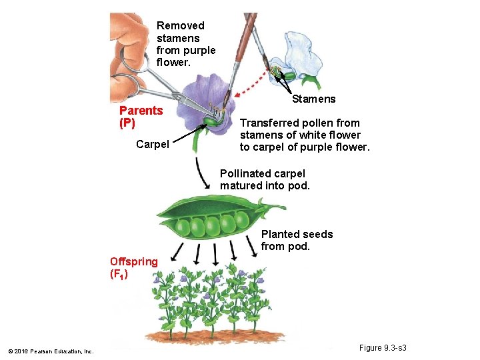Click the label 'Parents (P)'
141,117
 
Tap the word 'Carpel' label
152,144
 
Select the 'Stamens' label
314,99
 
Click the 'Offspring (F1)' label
133,267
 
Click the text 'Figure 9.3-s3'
383,348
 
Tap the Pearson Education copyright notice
51,351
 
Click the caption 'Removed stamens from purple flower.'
185,44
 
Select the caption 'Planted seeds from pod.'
297,240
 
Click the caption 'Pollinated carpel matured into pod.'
265,180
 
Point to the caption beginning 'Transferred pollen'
304,135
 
